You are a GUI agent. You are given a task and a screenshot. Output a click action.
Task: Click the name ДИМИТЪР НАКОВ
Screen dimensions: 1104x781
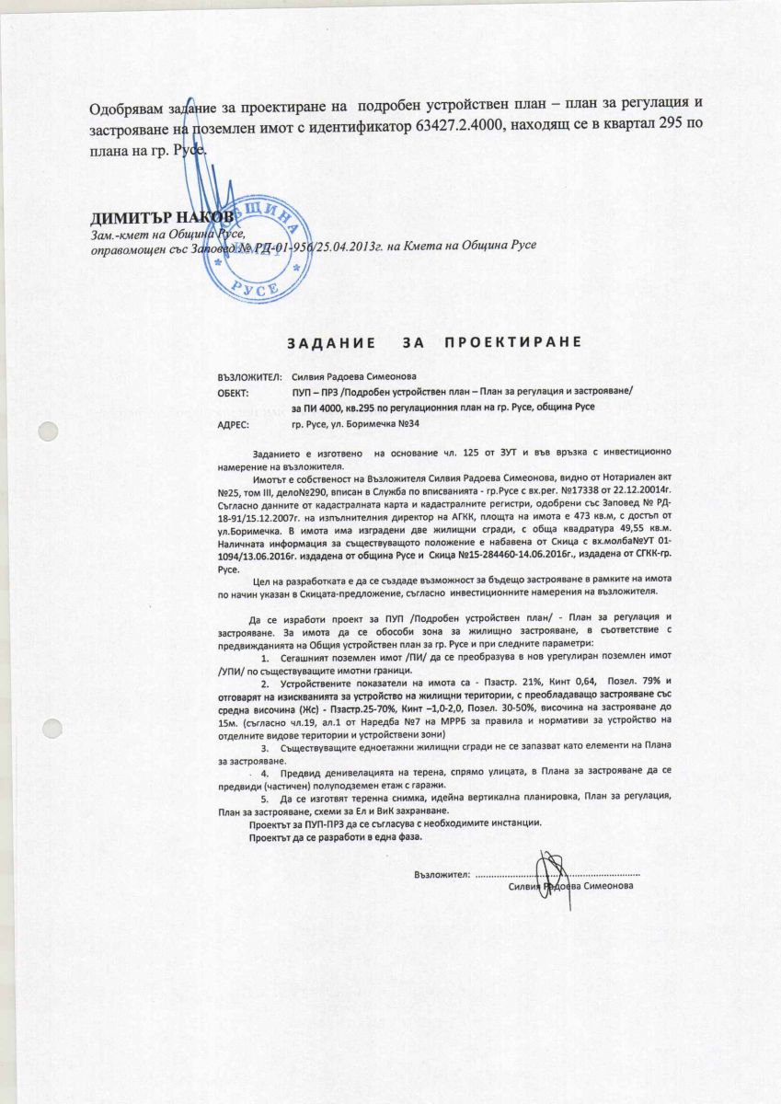(x=150, y=218)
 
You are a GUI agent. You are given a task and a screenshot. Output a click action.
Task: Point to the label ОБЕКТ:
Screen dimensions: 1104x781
(x=234, y=392)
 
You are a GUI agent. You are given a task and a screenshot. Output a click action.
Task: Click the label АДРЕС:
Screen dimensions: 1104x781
(x=234, y=425)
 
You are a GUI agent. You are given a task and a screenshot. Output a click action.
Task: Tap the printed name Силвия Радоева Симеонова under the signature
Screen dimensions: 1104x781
(x=570, y=885)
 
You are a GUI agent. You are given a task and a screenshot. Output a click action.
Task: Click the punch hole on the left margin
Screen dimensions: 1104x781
(x=46, y=432)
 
